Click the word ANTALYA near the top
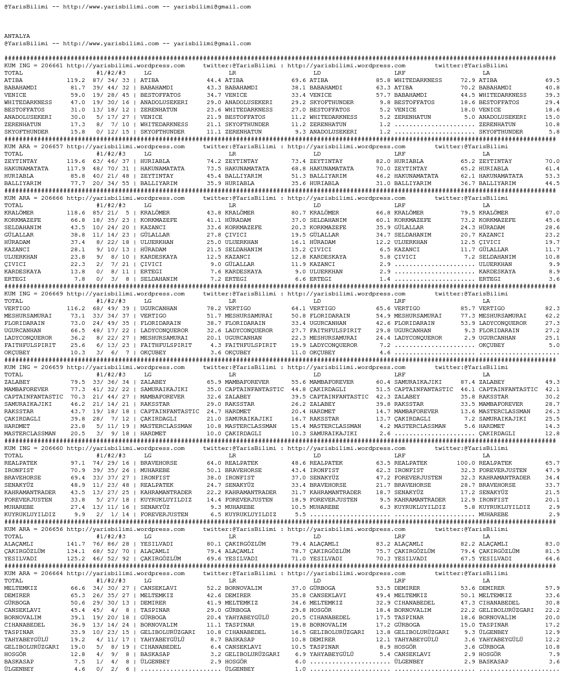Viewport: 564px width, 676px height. coord(17,36)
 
